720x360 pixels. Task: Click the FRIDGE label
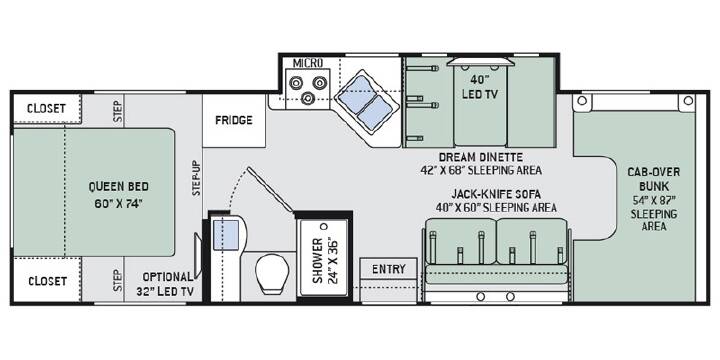coord(234,120)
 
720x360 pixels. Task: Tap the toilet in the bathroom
coord(272,273)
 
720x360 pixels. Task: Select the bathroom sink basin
coord(226,235)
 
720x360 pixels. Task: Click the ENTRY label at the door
coord(388,269)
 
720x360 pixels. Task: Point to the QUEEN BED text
coord(118,186)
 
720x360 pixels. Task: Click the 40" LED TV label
coord(480,87)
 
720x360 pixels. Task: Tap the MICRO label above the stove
coord(308,62)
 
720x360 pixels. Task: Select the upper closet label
coord(46,109)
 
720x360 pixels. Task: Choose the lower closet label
coord(47,281)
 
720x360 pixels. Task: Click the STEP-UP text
coord(196,178)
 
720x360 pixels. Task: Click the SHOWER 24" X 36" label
coord(325,261)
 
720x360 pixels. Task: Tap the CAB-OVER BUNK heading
coord(654,179)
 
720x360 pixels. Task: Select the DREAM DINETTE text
coord(481,158)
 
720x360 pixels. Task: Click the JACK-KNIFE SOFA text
coord(495,194)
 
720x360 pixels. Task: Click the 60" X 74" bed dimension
coord(118,204)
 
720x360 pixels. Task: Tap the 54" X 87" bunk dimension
coord(654,201)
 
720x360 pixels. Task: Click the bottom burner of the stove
coord(306,97)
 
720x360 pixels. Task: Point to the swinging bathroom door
coord(270,190)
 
